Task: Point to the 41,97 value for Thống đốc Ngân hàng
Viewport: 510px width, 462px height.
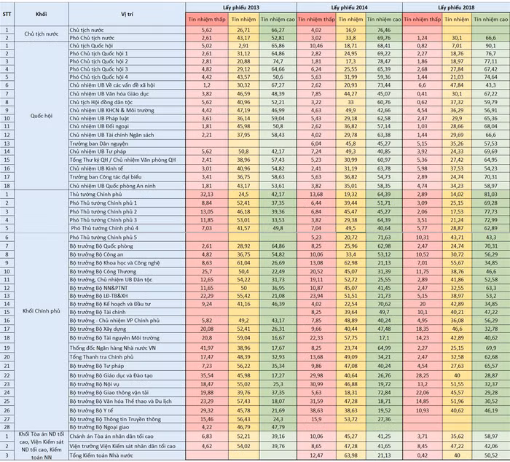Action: click(206, 348)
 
